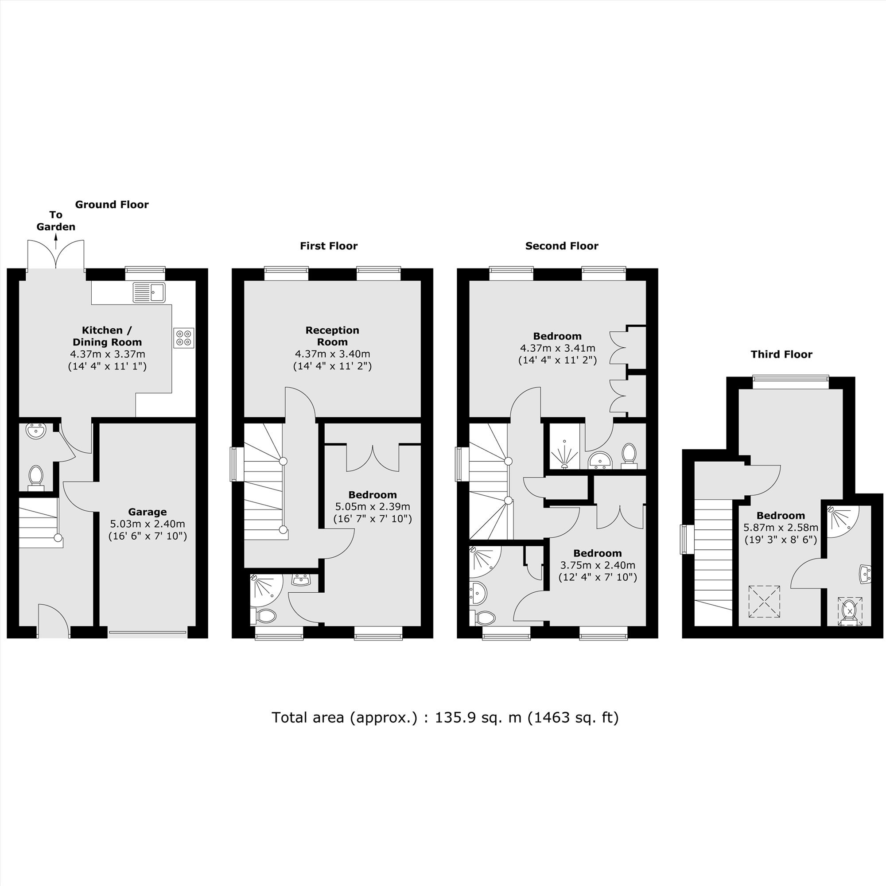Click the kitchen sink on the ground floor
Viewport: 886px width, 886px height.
(x=149, y=292)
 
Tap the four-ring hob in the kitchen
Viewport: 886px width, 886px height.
(x=184, y=338)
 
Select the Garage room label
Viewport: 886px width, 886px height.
(x=147, y=512)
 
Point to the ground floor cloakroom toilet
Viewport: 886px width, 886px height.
(x=35, y=475)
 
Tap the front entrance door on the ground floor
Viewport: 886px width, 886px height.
(x=54, y=621)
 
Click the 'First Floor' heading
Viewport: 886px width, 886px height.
(x=328, y=246)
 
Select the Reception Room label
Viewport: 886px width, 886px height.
(x=333, y=336)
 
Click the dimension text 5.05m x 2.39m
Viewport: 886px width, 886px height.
(x=373, y=507)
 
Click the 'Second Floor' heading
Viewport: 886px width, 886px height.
(x=562, y=246)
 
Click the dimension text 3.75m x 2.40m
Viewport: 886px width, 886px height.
(x=598, y=565)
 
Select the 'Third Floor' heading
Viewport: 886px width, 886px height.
(x=781, y=354)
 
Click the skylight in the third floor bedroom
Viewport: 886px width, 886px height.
(x=764, y=601)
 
